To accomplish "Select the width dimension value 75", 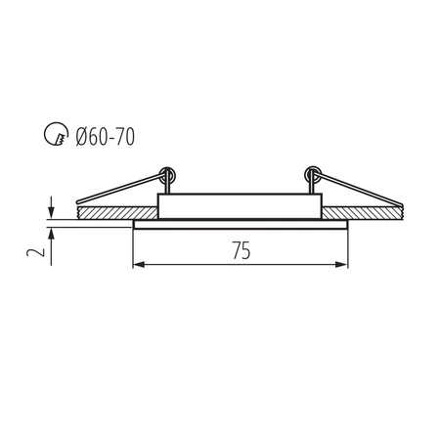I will pos(241,249).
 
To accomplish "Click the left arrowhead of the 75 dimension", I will pos(137,265).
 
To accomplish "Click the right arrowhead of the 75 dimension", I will pos(343,265).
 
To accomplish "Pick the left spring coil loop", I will pos(168,178).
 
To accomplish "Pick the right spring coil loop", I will pos(314,178).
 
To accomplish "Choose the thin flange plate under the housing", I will pos(241,225).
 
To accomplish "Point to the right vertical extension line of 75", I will pos(349,249).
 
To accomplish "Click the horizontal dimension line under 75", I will pos(196,265).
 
